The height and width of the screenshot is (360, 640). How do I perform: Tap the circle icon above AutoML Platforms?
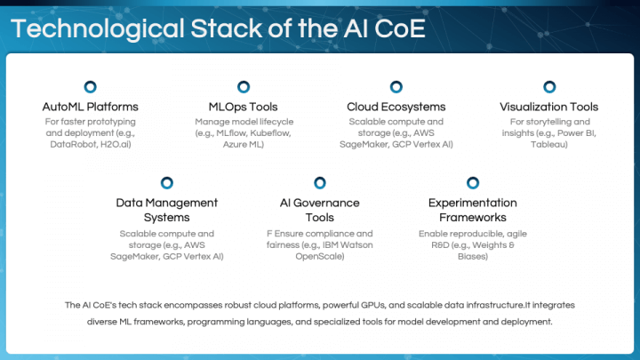click(x=90, y=87)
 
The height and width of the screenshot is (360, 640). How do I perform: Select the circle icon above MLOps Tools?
click(x=243, y=87)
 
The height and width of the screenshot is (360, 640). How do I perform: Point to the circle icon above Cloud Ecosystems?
click(x=396, y=87)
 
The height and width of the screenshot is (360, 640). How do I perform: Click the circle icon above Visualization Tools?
click(x=548, y=87)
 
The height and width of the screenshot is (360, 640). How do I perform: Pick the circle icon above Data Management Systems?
click(x=166, y=183)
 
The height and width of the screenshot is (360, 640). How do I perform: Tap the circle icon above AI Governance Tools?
click(x=319, y=183)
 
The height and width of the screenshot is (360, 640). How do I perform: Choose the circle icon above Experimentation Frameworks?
click(x=472, y=183)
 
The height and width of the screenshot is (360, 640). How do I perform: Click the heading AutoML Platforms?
click(x=90, y=107)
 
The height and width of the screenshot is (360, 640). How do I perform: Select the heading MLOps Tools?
click(x=243, y=107)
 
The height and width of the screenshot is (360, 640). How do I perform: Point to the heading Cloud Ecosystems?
click(x=396, y=107)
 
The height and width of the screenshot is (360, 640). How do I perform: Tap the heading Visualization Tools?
click(x=548, y=107)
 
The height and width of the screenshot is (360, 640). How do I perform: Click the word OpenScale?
click(x=319, y=256)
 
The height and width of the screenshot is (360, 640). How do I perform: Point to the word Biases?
click(x=472, y=256)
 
